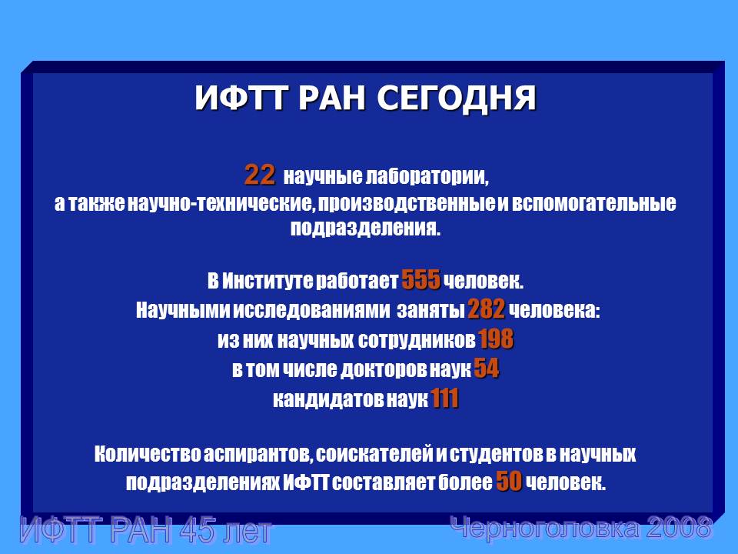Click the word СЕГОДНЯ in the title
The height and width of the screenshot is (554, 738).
click(456, 98)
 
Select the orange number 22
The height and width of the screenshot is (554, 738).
click(260, 175)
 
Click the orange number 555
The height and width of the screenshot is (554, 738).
click(421, 280)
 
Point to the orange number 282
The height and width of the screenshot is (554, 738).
click(487, 309)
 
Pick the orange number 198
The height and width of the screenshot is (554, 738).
click(496, 339)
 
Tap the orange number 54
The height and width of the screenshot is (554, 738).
click(487, 369)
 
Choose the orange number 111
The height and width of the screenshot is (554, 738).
click(445, 399)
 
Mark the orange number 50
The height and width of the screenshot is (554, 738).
click(509, 481)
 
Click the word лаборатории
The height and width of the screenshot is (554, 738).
click(427, 177)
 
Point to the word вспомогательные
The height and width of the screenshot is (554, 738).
click(593, 203)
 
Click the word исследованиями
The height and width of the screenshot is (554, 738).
click(311, 310)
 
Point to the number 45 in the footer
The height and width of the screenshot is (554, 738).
click(201, 530)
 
